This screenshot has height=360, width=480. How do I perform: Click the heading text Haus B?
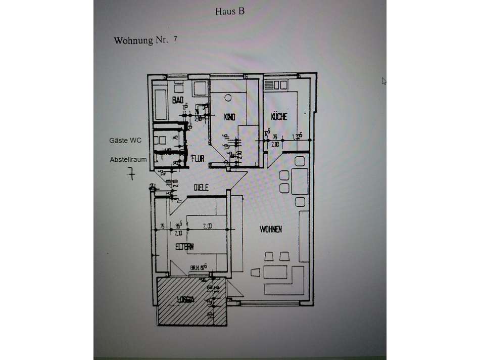pyautogui.click(x=229, y=11)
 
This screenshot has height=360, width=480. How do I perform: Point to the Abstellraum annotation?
pyautogui.click(x=128, y=159)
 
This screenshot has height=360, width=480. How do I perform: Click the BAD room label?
pyautogui.click(x=177, y=101)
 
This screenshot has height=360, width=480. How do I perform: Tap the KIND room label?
pyautogui.click(x=229, y=117)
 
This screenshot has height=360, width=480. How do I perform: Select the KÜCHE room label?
pyautogui.click(x=279, y=117)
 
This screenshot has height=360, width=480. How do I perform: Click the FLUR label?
pyautogui.click(x=198, y=158)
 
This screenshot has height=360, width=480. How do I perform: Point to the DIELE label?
pyautogui.click(x=202, y=188)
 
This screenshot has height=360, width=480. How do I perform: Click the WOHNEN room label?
pyautogui.click(x=271, y=230)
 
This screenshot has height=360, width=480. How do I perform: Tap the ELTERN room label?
pyautogui.click(x=185, y=246)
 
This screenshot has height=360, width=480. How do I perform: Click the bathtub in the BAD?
pyautogui.click(x=161, y=105)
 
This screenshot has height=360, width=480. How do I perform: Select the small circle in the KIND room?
pyautogui.click(x=228, y=97)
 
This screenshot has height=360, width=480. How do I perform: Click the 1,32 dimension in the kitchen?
pyautogui.click(x=298, y=136)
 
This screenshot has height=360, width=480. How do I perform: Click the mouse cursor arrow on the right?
pyautogui.click(x=384, y=80)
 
